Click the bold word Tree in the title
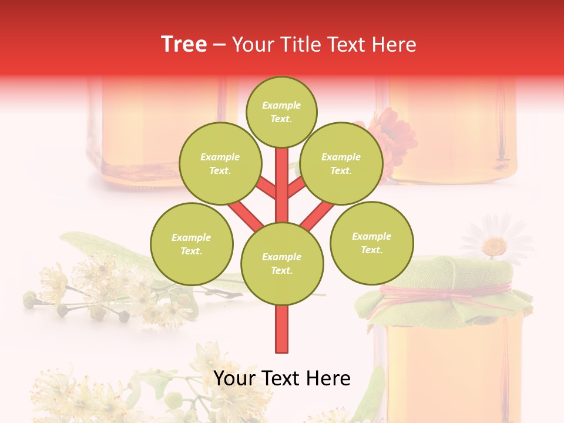click(x=184, y=45)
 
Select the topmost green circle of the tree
click(x=281, y=112)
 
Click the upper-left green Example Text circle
click(x=220, y=163)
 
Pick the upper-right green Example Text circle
click(x=341, y=163)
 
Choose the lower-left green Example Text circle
click(x=192, y=244)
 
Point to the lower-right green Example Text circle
click(x=371, y=243)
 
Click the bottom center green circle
click(x=282, y=263)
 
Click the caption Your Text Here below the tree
click(x=282, y=378)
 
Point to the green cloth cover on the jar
click(x=435, y=273)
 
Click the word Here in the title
click(x=395, y=45)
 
